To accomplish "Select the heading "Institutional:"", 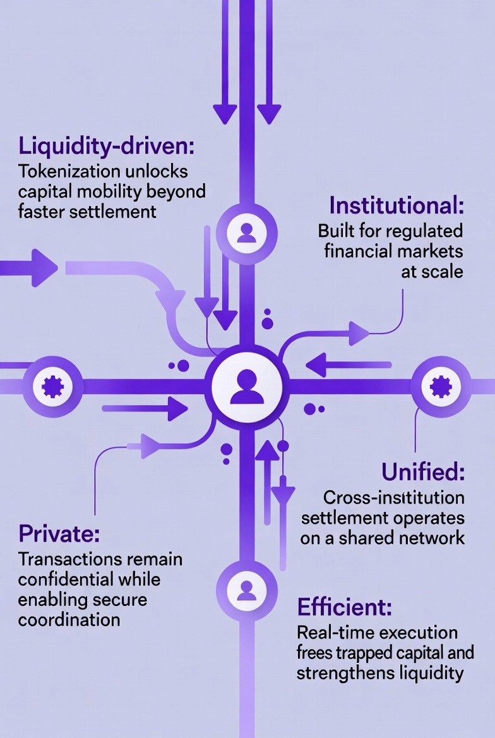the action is point(397,206).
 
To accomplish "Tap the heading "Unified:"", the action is point(423,471).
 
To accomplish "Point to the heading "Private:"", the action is point(59,534).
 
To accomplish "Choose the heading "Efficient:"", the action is point(344,607).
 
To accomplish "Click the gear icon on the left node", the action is point(52,386).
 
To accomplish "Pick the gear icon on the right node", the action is point(440,386).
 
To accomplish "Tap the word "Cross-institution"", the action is point(393,498).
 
